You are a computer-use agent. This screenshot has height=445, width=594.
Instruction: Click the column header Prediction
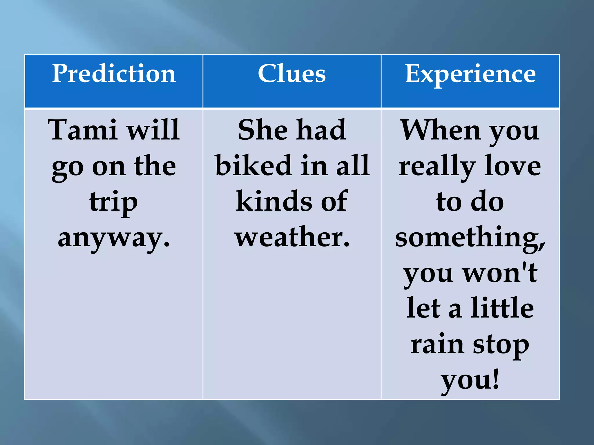click(114, 74)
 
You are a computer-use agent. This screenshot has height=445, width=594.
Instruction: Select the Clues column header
click(292, 74)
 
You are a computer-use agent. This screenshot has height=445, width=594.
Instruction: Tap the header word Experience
click(470, 74)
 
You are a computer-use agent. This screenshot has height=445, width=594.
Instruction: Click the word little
click(502, 308)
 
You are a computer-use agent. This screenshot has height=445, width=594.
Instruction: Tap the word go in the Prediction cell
click(68, 168)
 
